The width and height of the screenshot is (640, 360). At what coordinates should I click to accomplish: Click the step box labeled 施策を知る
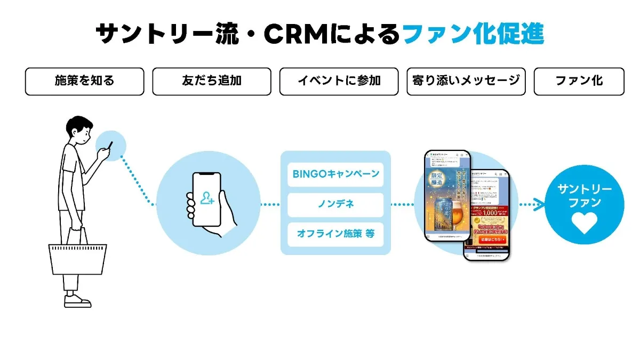click(x=84, y=81)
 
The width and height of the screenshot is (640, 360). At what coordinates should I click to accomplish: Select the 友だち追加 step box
click(x=211, y=81)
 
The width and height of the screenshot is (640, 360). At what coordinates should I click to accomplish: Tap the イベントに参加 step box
click(x=339, y=81)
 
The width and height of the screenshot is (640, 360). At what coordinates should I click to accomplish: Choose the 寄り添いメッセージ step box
click(x=466, y=81)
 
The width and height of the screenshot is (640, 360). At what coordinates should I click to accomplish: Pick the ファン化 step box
click(x=579, y=81)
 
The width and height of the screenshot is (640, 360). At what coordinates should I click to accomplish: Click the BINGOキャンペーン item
click(x=335, y=174)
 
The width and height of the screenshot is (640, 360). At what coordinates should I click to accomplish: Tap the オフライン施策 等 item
click(x=335, y=235)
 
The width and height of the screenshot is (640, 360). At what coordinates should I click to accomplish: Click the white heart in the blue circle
click(x=584, y=223)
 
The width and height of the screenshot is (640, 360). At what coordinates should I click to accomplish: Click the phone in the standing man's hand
click(x=110, y=145)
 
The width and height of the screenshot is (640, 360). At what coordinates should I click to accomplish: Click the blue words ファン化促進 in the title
click(x=473, y=35)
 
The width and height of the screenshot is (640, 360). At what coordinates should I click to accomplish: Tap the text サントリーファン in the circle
click(x=584, y=196)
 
